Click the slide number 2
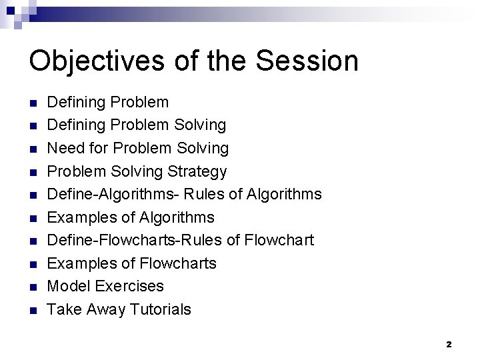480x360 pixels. click(449, 345)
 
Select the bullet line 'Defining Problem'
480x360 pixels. click(108, 103)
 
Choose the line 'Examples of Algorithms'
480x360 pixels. click(131, 217)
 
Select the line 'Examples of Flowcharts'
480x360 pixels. click(131, 263)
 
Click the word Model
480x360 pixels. click(69, 286)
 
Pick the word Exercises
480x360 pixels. click(129, 286)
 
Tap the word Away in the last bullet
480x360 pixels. click(103, 309)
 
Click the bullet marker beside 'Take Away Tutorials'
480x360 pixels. click(33, 310)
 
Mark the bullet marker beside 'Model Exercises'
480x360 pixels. click(33, 287)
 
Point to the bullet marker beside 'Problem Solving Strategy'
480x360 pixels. click(33, 172)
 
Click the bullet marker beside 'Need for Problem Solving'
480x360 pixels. click(33, 149)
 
